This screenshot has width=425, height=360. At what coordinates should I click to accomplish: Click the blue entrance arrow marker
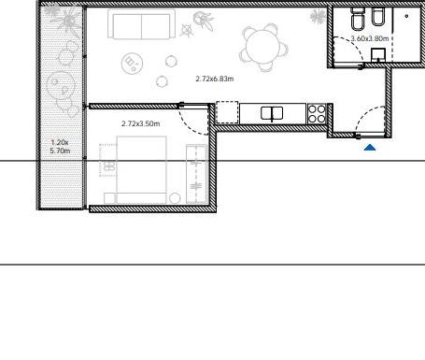[370, 148]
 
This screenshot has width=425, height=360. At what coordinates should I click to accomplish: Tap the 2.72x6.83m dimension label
[215, 79]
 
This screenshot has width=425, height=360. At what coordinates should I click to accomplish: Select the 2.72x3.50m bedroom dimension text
[141, 123]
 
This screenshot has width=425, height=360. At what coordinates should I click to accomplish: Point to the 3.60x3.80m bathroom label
[370, 38]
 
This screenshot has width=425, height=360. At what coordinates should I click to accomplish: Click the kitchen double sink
[272, 113]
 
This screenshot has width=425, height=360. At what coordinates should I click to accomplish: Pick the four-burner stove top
[317, 113]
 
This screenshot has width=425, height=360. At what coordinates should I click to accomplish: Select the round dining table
[263, 47]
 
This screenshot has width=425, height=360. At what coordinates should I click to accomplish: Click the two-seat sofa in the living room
[141, 24]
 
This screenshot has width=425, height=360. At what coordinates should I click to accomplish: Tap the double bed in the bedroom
[141, 170]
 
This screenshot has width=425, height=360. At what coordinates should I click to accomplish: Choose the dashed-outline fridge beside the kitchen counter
[227, 112]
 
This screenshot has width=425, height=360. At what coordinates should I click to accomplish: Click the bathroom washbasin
[378, 55]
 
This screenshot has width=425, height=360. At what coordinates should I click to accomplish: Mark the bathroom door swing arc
[354, 43]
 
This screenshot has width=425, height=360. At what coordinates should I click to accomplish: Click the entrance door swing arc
[363, 114]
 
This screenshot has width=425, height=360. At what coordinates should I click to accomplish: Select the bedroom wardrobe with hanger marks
[196, 174]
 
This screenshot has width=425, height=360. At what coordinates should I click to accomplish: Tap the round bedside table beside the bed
[175, 198]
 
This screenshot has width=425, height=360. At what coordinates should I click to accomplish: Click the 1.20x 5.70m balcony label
[60, 147]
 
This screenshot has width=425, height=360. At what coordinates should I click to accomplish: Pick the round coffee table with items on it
[132, 64]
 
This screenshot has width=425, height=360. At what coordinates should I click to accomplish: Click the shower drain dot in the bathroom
[406, 16]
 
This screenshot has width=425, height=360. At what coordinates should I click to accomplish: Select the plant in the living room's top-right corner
[318, 16]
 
